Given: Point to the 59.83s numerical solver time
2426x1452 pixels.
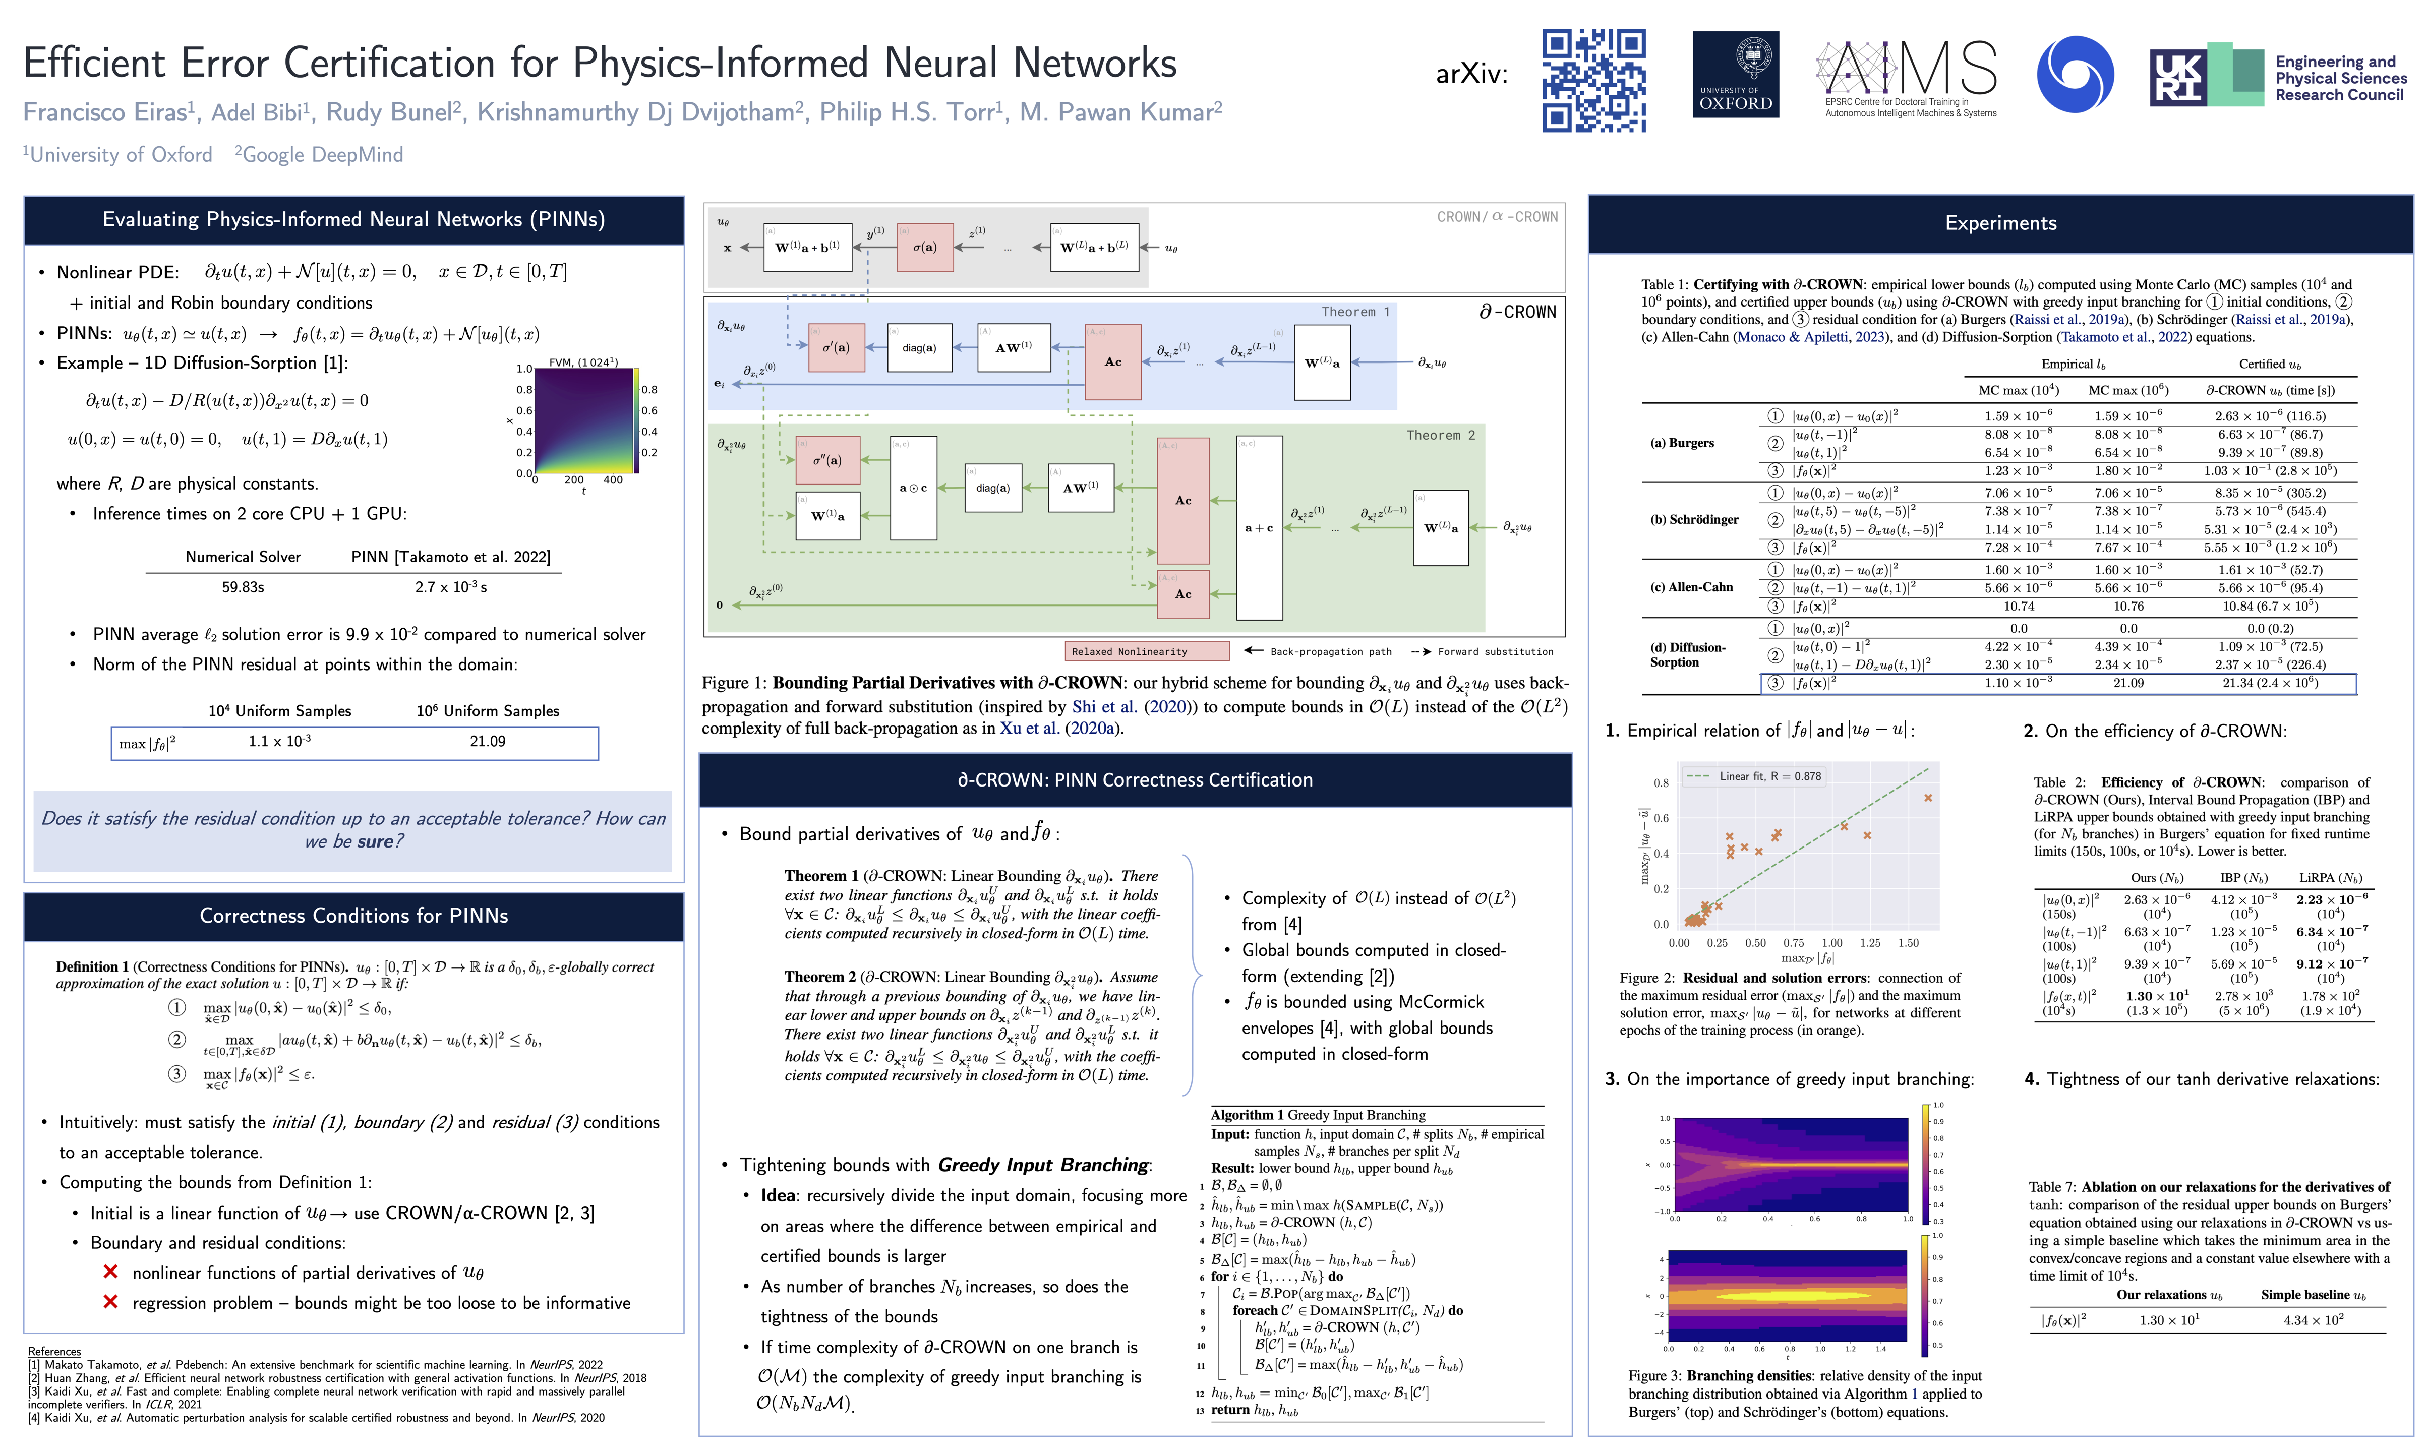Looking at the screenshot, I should click(x=243, y=587).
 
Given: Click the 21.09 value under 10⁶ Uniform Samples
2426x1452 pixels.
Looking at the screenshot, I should click(x=487, y=742).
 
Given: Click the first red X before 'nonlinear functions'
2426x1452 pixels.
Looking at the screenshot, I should click(x=110, y=1272).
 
